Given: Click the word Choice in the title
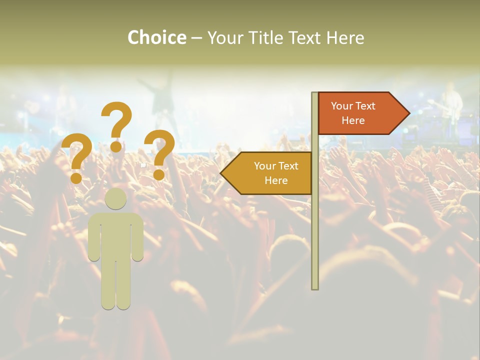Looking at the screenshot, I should coord(157,38).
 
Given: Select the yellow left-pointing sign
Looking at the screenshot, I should coord(270,173).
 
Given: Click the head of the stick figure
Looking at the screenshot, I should coord(116,199).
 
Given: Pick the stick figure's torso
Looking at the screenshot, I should coord(116,235).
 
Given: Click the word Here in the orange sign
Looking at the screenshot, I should coord(353,120).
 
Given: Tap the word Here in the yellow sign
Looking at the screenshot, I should coord(276,180).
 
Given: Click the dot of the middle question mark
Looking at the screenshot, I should coord(116,146).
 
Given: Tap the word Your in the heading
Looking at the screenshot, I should coord(223,38).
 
